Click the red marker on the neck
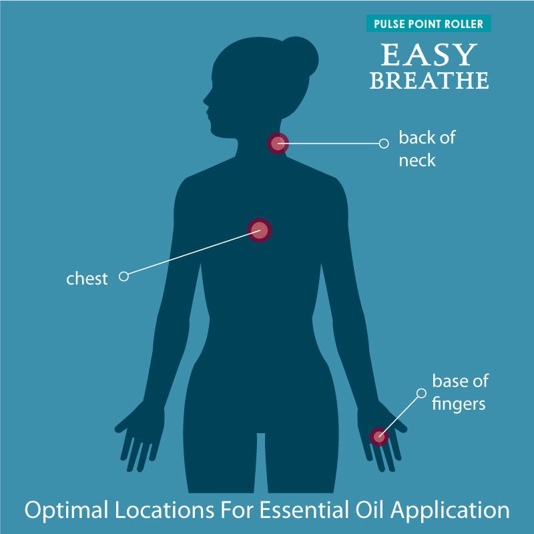coord(278,144)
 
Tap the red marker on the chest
coord(260,230)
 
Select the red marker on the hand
coord(379,437)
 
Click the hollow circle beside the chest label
coord(123,276)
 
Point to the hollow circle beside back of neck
coord(384,144)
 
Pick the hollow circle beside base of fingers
coord(421,393)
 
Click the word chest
coord(87,278)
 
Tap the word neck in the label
coord(417,160)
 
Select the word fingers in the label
coord(459,405)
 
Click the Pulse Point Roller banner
coord(429,23)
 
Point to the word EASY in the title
coord(429,55)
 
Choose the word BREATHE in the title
coord(429,80)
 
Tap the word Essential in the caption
coord(304,510)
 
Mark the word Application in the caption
coord(450,511)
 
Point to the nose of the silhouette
coord(205,100)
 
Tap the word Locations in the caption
coord(164,510)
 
